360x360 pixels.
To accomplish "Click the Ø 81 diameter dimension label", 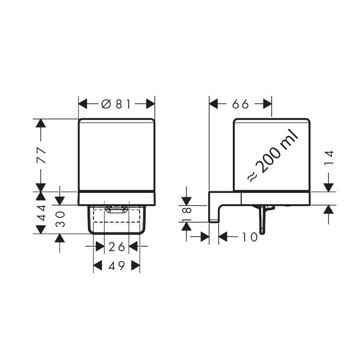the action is [116, 104].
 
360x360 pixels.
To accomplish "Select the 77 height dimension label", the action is [42, 155].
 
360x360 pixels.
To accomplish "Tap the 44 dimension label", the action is [42, 213].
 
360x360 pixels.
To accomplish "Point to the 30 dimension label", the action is [61, 219].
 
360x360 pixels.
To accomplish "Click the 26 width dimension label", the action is [117, 247].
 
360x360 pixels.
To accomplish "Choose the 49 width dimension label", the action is [117, 266].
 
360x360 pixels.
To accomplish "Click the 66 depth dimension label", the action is [241, 104].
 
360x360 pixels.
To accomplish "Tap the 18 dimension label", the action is [187, 213].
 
